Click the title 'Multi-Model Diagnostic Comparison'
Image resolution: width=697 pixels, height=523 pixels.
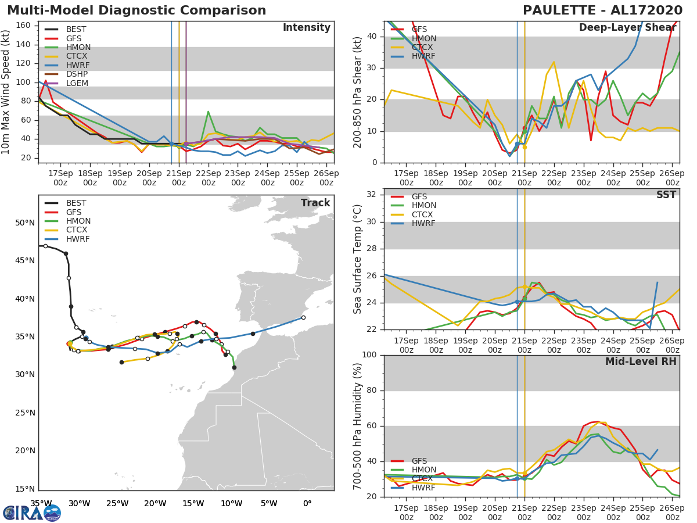(x=136, y=10)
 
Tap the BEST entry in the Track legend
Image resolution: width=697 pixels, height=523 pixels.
(x=77, y=203)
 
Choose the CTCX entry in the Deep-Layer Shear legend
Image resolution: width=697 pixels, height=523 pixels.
(x=423, y=48)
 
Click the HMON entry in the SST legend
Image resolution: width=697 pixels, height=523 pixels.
(x=423, y=206)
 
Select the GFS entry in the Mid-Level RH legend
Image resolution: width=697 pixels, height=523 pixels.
(x=419, y=461)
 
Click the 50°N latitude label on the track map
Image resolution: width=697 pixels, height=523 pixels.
(x=25, y=223)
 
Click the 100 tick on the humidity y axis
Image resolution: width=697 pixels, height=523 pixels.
(x=369, y=355)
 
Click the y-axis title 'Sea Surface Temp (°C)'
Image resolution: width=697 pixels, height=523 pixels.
(x=358, y=259)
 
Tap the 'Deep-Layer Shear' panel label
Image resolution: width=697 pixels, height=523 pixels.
(x=627, y=28)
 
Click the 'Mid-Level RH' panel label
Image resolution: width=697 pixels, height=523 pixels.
(x=641, y=361)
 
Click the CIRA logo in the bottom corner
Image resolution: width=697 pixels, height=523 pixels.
(x=32, y=513)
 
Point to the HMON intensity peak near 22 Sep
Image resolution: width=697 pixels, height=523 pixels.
(x=208, y=112)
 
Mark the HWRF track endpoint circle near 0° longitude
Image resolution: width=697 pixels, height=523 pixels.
(x=303, y=317)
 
